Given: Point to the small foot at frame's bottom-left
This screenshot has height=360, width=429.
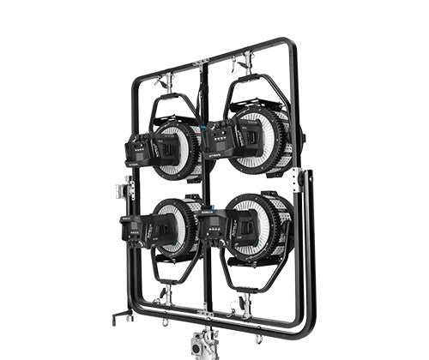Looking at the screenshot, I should (x=118, y=319).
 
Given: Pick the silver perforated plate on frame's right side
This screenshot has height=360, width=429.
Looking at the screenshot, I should (x=297, y=181).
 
